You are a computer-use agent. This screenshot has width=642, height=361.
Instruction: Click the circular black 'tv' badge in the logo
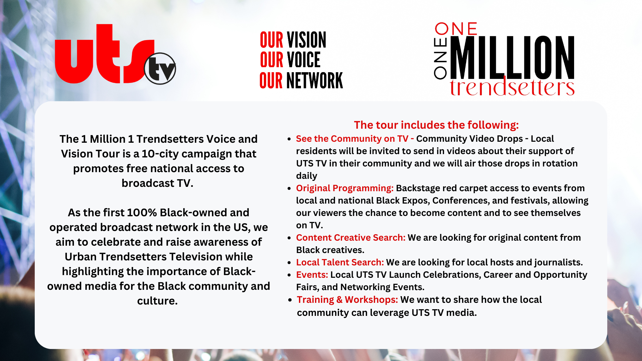(160, 69)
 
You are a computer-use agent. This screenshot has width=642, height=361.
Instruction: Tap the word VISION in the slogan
(307, 40)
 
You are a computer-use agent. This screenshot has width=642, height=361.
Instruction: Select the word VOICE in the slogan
(304, 60)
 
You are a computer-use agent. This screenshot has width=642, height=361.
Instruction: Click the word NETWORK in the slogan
(315, 81)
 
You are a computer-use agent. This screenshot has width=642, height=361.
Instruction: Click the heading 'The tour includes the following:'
(436, 125)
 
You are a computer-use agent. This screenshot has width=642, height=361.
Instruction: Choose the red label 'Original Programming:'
(345, 188)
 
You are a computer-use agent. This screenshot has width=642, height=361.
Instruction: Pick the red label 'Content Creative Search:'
(351, 238)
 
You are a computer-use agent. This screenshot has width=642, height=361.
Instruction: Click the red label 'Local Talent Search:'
(340, 262)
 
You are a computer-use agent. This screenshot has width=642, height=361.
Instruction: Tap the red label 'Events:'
(312, 275)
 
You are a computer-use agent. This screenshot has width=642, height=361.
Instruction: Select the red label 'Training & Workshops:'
(347, 300)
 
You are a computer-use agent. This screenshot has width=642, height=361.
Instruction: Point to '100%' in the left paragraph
(142, 213)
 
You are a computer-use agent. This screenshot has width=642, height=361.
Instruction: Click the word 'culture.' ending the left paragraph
(157, 301)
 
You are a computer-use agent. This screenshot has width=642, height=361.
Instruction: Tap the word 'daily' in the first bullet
(307, 176)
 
